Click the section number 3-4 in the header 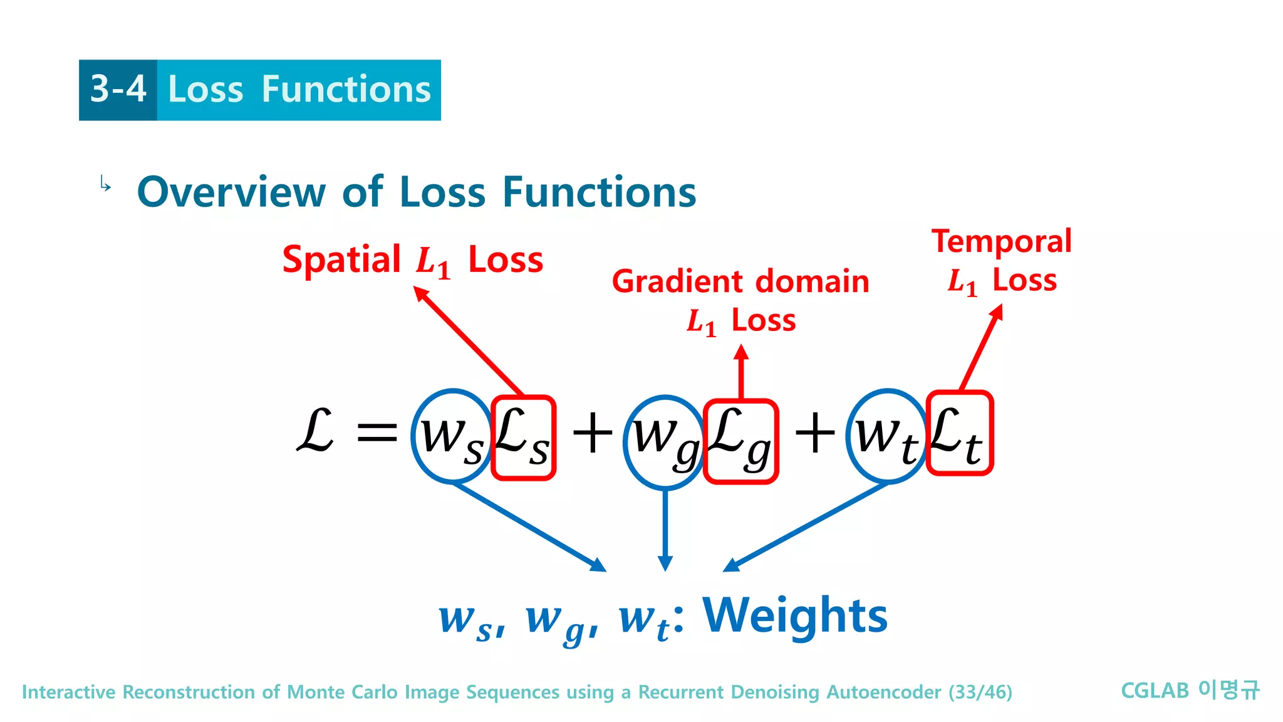(118, 89)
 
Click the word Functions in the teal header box (346, 89)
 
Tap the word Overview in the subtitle (231, 192)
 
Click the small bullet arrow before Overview (105, 184)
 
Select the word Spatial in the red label (341, 259)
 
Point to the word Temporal (1001, 241)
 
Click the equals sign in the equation (377, 432)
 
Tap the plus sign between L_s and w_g (591, 433)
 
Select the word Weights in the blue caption (794, 616)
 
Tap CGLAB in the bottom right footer (1154, 691)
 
